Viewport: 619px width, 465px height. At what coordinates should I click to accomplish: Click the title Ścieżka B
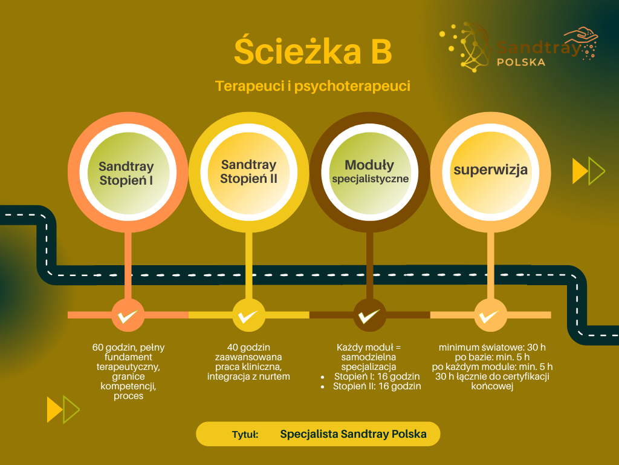(313, 53)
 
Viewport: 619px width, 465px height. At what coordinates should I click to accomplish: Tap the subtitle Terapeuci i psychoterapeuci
(313, 87)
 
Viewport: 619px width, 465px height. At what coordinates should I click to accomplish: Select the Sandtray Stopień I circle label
(126, 173)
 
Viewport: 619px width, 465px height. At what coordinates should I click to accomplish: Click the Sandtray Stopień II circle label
(248, 171)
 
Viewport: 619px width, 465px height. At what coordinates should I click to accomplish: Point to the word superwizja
(490, 170)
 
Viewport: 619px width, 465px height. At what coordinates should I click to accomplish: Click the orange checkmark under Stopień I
(128, 315)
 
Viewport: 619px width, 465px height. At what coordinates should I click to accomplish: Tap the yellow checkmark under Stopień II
(248, 315)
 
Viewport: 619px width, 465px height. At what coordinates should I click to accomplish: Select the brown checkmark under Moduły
(369, 315)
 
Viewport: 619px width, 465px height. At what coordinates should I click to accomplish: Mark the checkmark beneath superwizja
(490, 315)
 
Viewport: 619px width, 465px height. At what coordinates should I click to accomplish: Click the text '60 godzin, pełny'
(128, 348)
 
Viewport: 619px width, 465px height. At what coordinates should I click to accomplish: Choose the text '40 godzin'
(248, 348)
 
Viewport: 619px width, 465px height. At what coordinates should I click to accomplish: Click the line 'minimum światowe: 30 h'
(492, 348)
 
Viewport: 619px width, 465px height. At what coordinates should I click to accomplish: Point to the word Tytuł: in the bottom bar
(245, 435)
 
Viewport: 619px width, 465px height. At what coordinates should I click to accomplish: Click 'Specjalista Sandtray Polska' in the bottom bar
(353, 434)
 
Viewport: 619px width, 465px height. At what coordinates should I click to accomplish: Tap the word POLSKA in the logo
(520, 62)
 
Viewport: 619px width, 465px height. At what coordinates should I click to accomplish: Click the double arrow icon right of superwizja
(588, 171)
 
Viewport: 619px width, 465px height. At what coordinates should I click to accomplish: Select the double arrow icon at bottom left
(63, 409)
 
